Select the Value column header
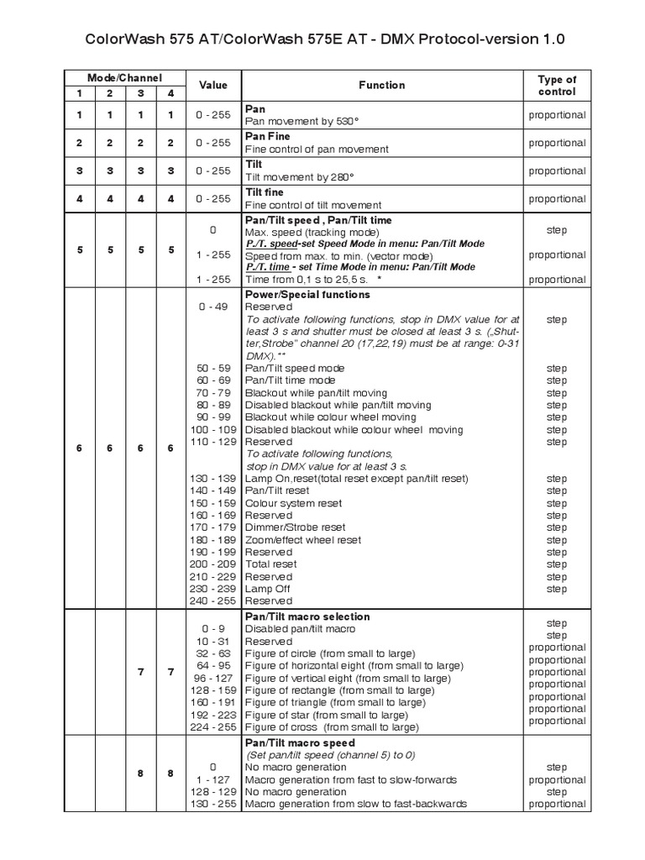coord(212,85)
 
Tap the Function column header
coord(381,85)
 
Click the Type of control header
coord(557,86)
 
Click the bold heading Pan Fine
coord(266,136)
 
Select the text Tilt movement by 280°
coord(300,177)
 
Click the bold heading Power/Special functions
coord(307,295)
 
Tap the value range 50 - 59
coord(212,368)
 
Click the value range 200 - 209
coord(212,564)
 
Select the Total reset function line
coord(270,564)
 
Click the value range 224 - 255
coord(212,727)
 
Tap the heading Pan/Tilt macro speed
coord(299,743)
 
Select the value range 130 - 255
coord(212,804)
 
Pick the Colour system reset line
coord(293,503)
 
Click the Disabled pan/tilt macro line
coord(300,629)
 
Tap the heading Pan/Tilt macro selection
coord(307,616)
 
